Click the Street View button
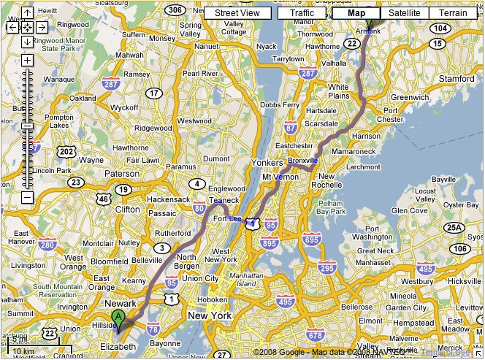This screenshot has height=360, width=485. [237, 13]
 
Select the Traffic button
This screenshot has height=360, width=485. [301, 13]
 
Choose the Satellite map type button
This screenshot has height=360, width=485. [404, 13]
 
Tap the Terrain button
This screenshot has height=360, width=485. [452, 13]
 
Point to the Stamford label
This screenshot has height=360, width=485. [457, 78]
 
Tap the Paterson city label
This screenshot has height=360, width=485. [121, 174]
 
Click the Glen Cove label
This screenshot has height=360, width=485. [410, 210]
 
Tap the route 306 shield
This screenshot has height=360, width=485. [175, 9]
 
